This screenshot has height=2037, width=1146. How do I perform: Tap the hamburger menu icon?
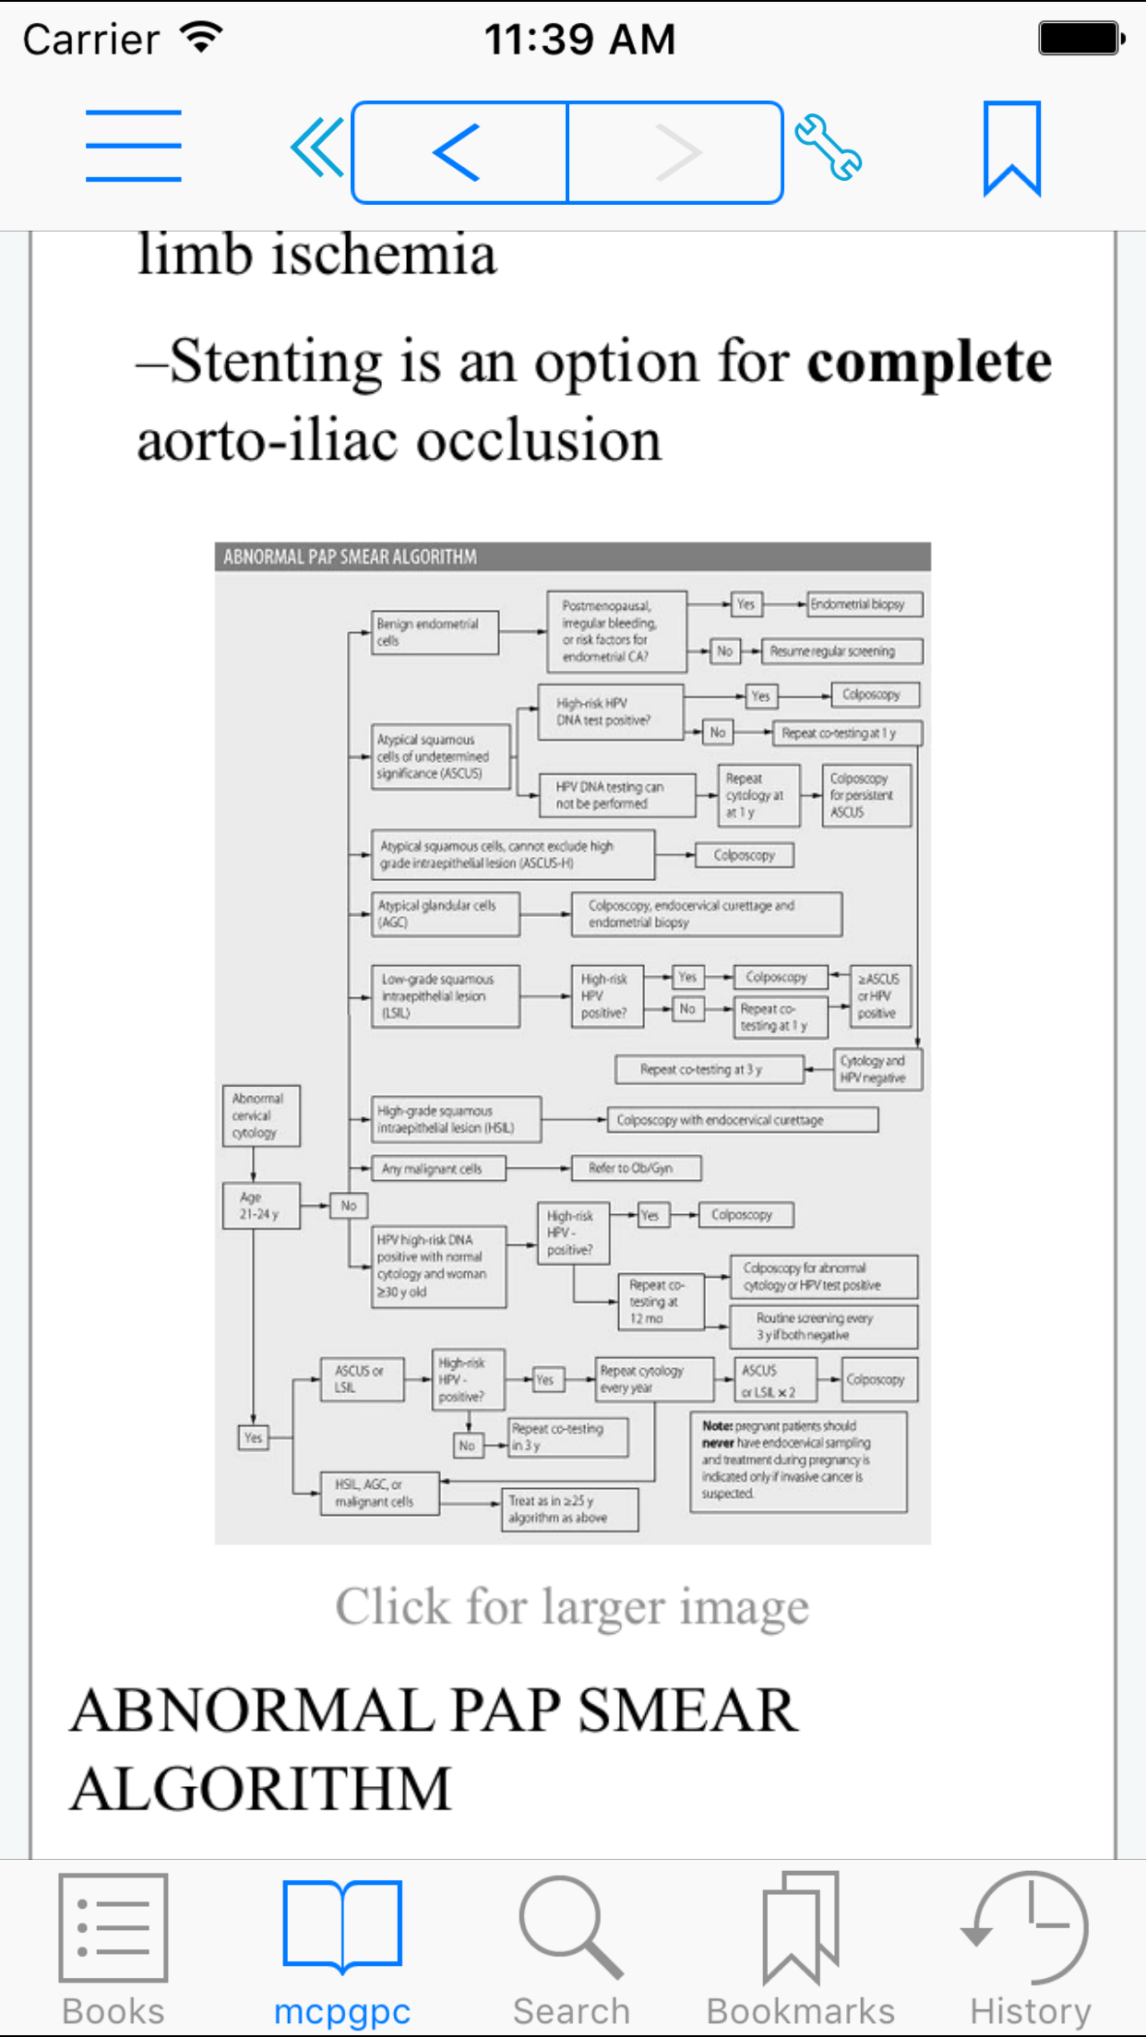point(133,146)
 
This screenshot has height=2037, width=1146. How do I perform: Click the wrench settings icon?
point(828,147)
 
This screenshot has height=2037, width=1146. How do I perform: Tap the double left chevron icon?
point(316,147)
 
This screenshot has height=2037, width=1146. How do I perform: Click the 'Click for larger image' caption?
point(572,1607)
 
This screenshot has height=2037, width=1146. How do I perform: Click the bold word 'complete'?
point(928,362)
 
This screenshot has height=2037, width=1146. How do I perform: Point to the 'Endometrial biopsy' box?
point(864,604)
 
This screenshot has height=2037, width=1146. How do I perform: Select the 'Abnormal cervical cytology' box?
point(260,1115)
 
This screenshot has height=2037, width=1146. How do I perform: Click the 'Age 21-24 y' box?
point(260,1206)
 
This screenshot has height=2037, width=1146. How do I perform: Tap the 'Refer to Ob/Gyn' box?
point(636,1168)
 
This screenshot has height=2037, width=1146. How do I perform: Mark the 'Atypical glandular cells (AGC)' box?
point(445,913)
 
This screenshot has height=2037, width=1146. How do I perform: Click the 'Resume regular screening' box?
point(840,651)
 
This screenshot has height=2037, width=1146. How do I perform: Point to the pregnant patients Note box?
point(798,1461)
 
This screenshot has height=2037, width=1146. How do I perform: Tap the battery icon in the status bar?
point(1080,39)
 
